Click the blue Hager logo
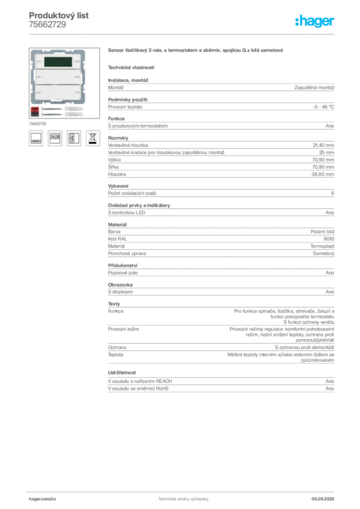pyautogui.click(x=315, y=22)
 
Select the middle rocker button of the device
pyautogui.click(x=58, y=78)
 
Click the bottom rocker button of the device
pyautogui.click(x=58, y=93)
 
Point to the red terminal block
pyautogui.click(x=35, y=108)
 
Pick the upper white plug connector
pyautogui.click(x=72, y=108)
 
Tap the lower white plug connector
pyautogui.click(x=72, y=114)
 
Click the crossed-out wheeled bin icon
pyautogui.click(x=92, y=138)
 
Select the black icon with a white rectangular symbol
pyautogui.click(x=74, y=138)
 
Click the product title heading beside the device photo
pyautogui.click(x=196, y=51)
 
